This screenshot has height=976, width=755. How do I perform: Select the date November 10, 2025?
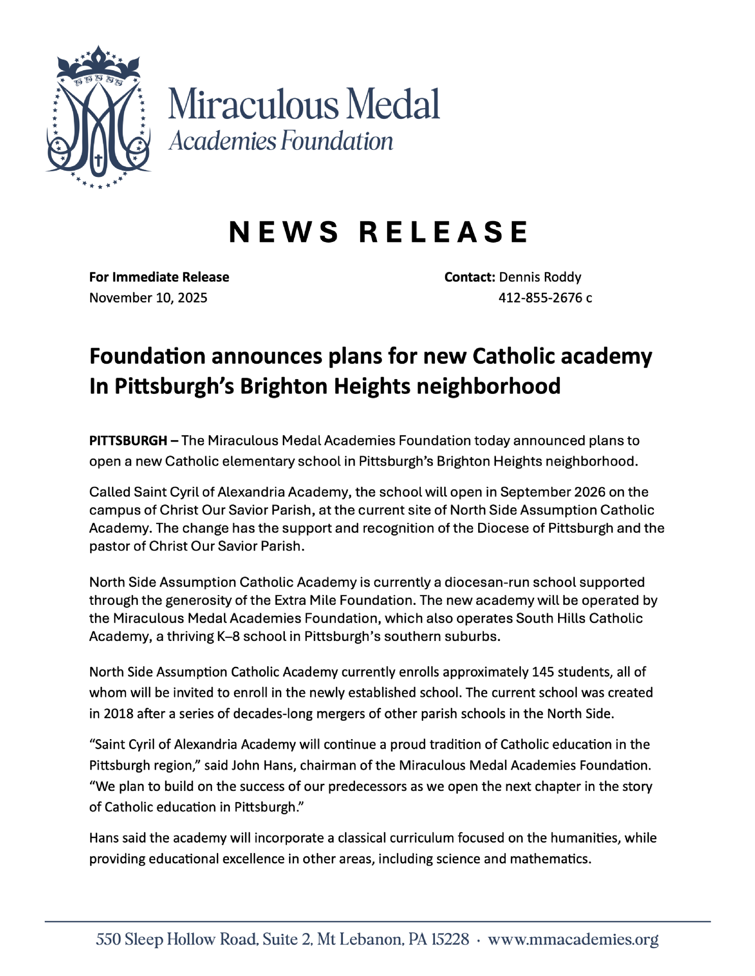(148, 298)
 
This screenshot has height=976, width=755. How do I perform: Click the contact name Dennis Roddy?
(540, 277)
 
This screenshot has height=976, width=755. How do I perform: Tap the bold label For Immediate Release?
(159, 277)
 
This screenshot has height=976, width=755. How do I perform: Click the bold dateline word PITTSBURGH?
(128, 440)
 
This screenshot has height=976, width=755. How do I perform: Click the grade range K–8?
(227, 636)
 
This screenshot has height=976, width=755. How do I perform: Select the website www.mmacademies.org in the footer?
(573, 939)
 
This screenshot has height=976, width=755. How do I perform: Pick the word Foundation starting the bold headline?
(147, 356)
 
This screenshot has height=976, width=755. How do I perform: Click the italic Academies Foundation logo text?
(281, 141)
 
